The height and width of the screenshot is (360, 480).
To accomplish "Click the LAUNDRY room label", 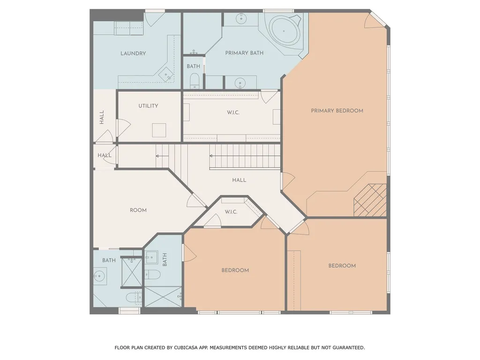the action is point(133,53).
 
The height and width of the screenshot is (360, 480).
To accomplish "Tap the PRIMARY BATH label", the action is point(244,53).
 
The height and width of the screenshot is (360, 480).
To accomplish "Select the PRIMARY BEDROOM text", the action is point(337,111).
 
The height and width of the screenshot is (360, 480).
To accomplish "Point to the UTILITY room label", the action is point(148,106).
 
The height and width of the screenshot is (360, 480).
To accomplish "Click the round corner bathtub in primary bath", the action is point(284,31).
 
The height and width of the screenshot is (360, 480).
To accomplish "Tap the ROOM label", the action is point(138,210).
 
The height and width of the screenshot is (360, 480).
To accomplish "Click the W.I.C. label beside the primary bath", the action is point(233,112).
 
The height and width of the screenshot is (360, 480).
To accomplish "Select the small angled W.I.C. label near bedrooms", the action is point(231,212).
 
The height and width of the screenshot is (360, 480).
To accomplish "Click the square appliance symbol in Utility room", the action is point(159,130).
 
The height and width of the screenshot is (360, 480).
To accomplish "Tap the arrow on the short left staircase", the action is point(162,156).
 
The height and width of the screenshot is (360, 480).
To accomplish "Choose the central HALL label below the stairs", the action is point(239,180).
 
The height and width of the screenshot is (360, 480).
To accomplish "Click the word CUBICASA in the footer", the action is point(186,347).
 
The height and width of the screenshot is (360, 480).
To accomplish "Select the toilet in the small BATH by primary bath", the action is point(195,82).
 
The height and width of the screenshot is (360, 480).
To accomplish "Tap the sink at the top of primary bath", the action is point(241,19).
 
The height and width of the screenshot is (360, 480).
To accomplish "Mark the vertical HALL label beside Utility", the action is point(102,117).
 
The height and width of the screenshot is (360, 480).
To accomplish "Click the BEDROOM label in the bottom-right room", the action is point(342,266).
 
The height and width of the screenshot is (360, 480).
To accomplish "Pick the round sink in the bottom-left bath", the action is point(99,276).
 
